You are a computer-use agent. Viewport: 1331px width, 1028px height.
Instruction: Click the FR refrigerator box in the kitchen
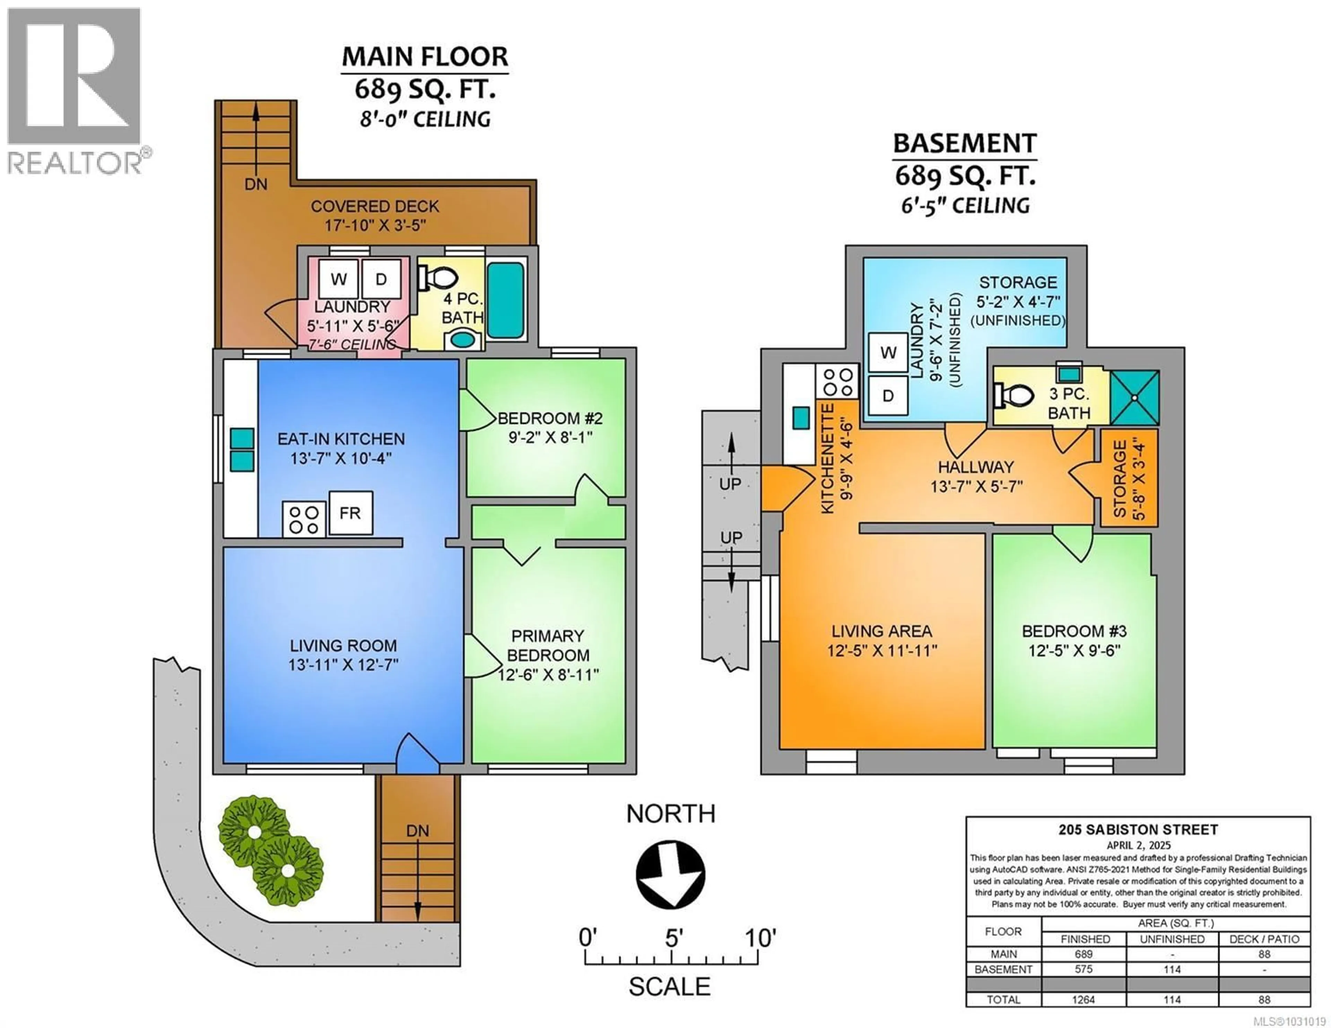[x=350, y=513]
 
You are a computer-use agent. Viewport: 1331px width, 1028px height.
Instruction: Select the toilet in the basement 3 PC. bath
[x=1015, y=395]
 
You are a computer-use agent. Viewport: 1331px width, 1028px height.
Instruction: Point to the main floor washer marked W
[x=339, y=280]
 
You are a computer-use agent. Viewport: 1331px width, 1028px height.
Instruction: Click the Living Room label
[x=343, y=645]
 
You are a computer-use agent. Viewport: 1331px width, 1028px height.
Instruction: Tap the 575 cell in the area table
[x=1084, y=969]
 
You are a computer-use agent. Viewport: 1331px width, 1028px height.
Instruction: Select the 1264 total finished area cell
[x=1084, y=999]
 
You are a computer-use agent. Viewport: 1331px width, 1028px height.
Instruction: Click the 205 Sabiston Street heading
[x=1138, y=829]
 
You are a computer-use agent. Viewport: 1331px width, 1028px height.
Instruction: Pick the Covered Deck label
[x=375, y=207]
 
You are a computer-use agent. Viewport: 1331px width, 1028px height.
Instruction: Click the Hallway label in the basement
[x=976, y=467]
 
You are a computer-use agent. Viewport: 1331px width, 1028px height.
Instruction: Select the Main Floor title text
[x=425, y=57]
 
